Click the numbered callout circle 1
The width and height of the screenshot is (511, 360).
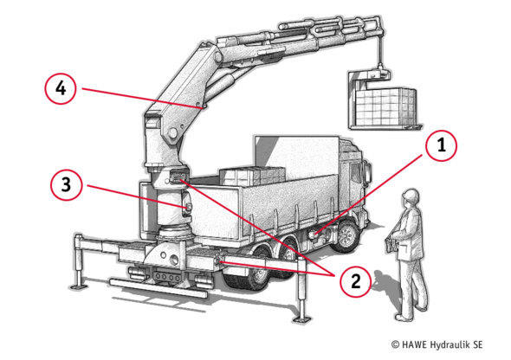tap(441, 145)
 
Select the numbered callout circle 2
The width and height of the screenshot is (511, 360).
tap(355, 281)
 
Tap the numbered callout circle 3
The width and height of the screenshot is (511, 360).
tap(66, 184)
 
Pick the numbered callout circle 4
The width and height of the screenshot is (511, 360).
tap(61, 88)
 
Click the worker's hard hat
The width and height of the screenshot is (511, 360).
tap(411, 196)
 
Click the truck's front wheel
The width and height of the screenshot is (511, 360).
tap(347, 235)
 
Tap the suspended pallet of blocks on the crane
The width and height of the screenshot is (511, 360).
tap(386, 107)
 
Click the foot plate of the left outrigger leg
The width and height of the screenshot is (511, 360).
tap(78, 286)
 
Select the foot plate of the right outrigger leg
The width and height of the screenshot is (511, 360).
tap(301, 318)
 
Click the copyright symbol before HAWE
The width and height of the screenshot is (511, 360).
tap(395, 344)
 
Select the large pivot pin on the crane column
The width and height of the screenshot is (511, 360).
tap(172, 132)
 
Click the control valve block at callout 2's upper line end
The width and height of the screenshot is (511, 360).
tap(177, 177)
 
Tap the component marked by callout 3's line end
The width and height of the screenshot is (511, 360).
tap(187, 209)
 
